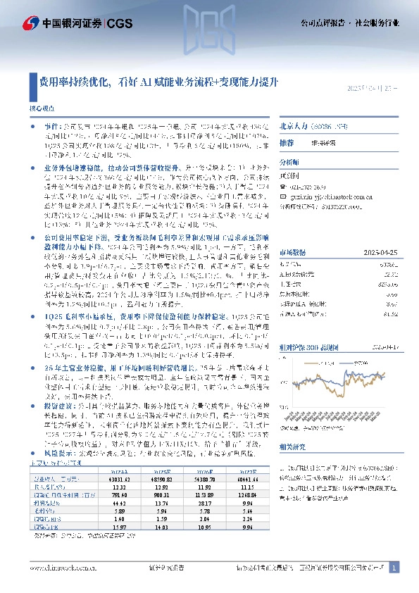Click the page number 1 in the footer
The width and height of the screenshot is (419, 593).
click(x=394, y=568)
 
